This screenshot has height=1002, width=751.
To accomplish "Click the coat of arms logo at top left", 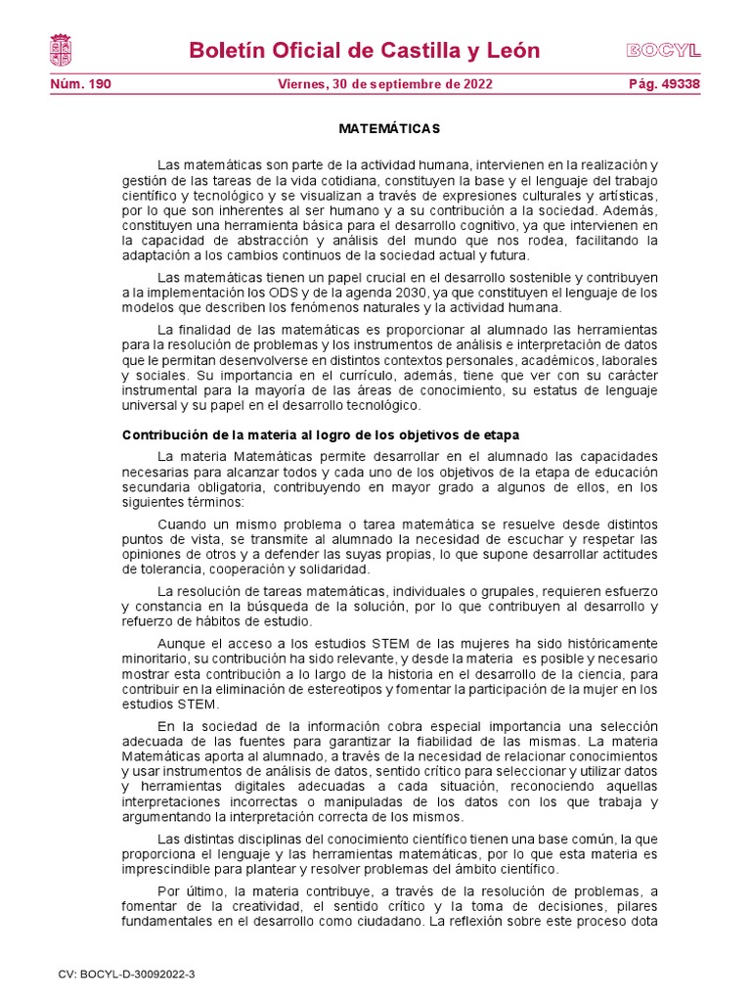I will [x=60, y=50].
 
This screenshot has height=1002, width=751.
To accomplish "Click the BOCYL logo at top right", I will [x=663, y=51].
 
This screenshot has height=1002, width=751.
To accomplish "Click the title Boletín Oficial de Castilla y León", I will [x=364, y=51].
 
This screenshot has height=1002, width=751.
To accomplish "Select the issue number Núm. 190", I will [x=80, y=84].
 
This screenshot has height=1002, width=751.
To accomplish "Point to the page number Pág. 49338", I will [x=664, y=84].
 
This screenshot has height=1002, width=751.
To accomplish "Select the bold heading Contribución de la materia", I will [x=320, y=434].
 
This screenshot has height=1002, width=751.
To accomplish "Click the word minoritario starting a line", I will [x=157, y=659].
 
